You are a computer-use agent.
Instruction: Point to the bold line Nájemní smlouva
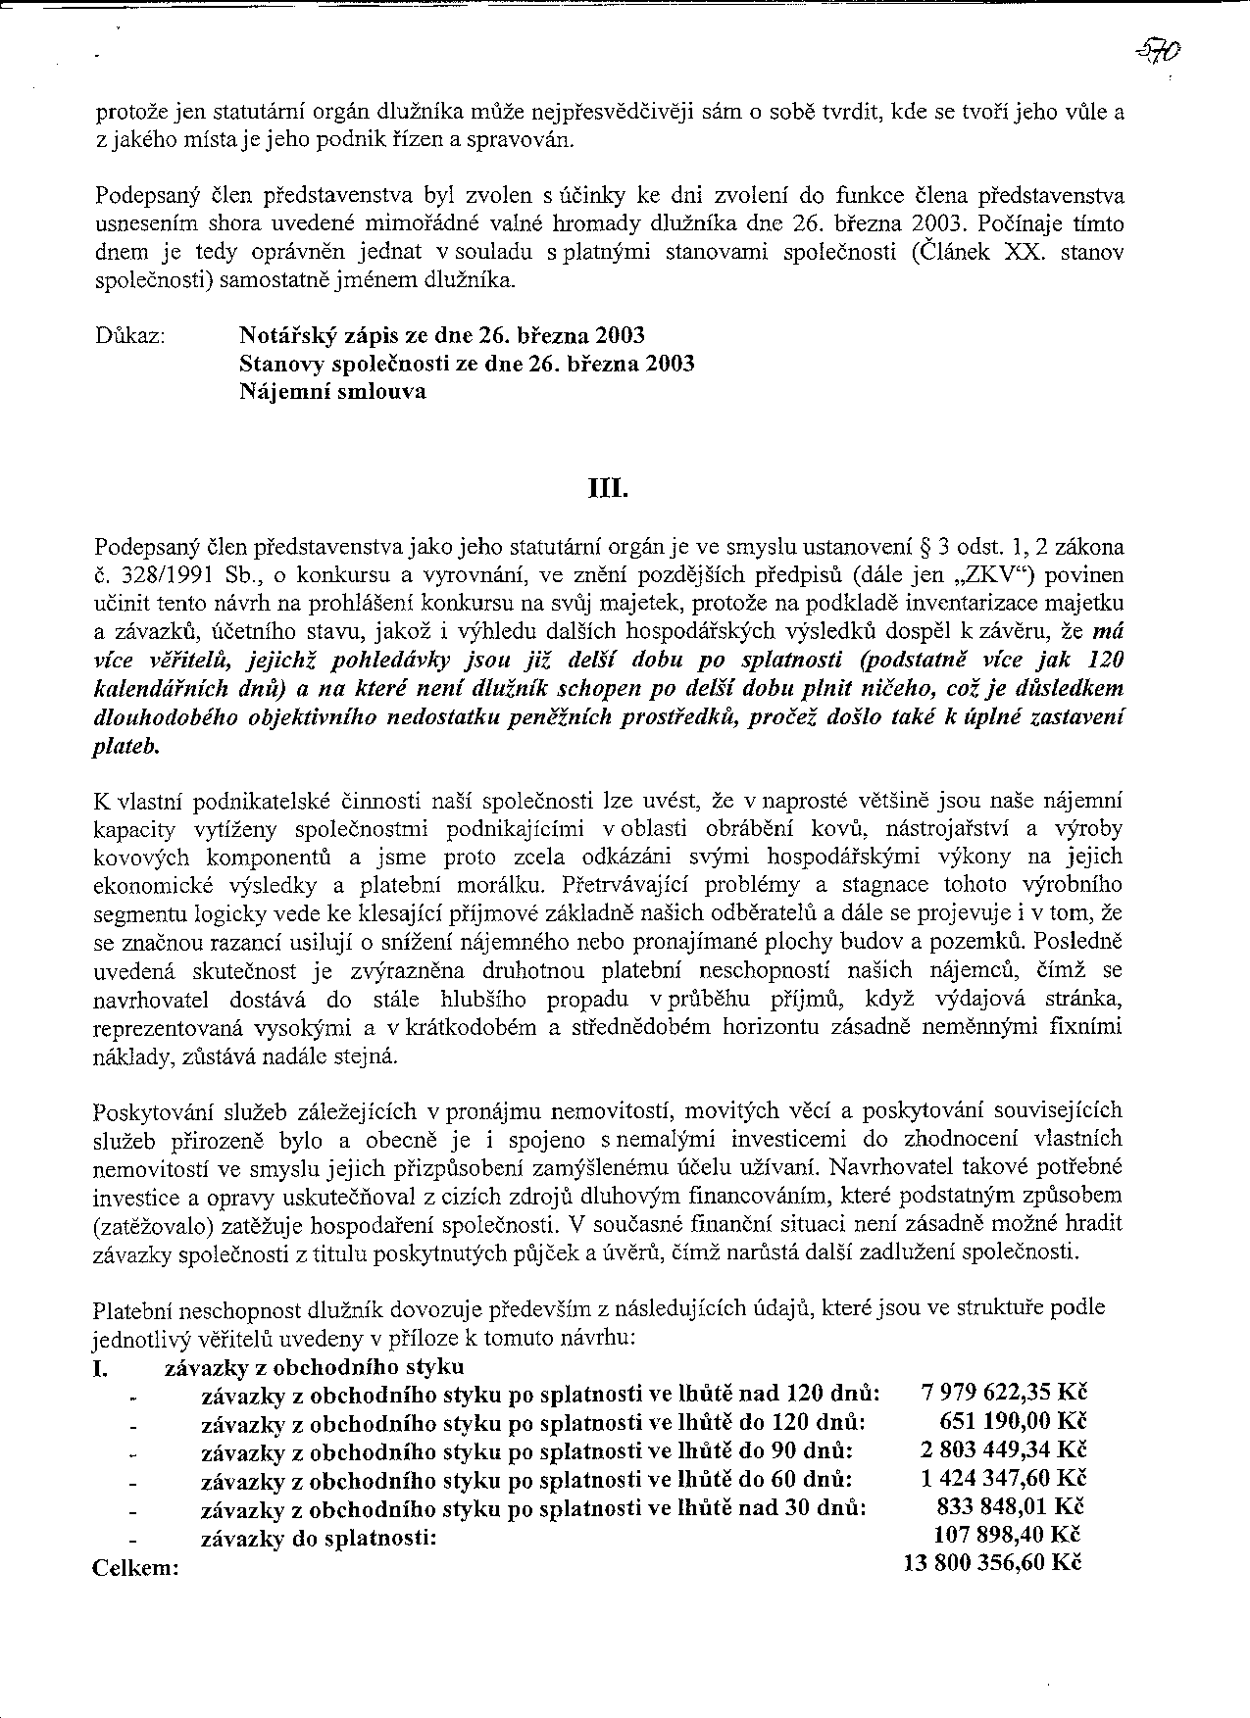332,392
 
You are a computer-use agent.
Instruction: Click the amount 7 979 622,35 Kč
1005,1393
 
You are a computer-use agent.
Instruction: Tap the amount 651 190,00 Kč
1014,1421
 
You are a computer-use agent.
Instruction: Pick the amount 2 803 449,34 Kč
1005,1449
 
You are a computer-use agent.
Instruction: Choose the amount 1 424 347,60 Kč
1005,1478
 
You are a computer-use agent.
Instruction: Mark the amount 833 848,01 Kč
1012,1506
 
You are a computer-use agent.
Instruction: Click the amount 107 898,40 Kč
1012,1535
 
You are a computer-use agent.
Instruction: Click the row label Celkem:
135,1568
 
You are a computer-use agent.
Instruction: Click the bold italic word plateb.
125,746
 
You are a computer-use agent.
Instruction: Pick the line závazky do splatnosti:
319,1538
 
